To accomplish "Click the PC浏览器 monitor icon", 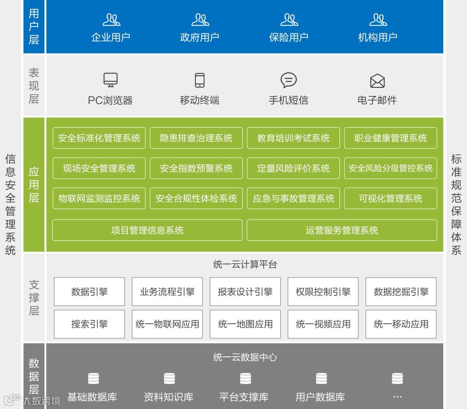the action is pyautogui.click(x=110, y=80).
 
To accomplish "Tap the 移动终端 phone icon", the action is pyautogui.click(x=199, y=80).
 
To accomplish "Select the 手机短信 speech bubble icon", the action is pyautogui.click(x=288, y=80).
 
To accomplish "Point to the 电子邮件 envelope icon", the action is pyautogui.click(x=377, y=81).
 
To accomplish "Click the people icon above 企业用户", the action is pyautogui.click(x=111, y=20).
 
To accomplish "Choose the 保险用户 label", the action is pyautogui.click(x=288, y=37).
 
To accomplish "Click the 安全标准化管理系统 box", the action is pyautogui.click(x=99, y=138).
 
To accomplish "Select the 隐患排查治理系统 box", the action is pyautogui.click(x=196, y=138).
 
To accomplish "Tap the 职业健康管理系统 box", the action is pyautogui.click(x=390, y=138).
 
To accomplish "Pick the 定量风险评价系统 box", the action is pyautogui.click(x=293, y=168).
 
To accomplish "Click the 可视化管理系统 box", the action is pyautogui.click(x=390, y=198).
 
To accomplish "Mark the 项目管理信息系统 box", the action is pyautogui.click(x=147, y=230).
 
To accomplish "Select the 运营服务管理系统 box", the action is pyautogui.click(x=342, y=230).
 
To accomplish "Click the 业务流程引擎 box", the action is pyautogui.click(x=167, y=292).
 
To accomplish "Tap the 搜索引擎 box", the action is pyautogui.click(x=90, y=324).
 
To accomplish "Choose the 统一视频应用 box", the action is pyautogui.click(x=323, y=324).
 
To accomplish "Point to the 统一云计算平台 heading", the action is pyautogui.click(x=245, y=265).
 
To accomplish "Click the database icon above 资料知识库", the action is pyautogui.click(x=169, y=379).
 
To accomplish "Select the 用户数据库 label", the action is pyautogui.click(x=320, y=397).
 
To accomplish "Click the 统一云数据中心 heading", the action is pyautogui.click(x=245, y=357).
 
